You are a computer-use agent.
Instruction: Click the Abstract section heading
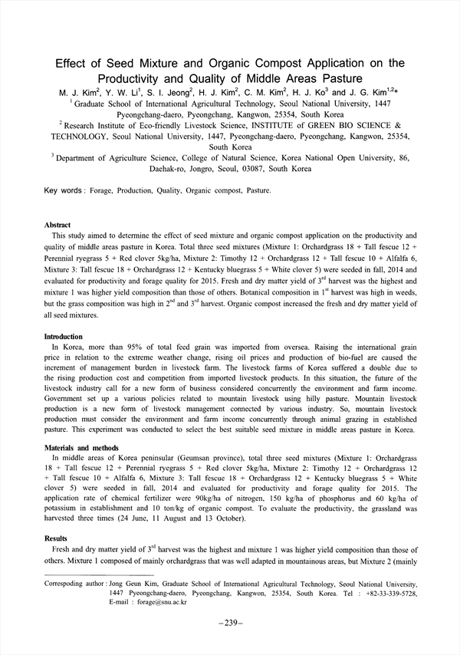(x=58, y=225)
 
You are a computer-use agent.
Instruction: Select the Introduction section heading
(x=63, y=337)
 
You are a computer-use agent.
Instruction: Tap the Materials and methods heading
(x=81, y=447)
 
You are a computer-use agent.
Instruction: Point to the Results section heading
(x=57, y=539)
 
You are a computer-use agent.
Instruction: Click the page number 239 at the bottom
(x=230, y=622)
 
